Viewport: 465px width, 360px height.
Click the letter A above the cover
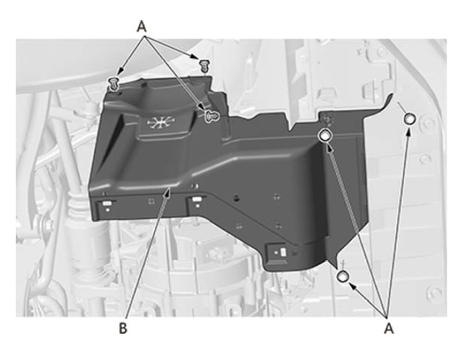(142, 26)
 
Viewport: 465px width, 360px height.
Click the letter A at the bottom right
(389, 328)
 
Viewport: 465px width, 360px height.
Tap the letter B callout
(123, 328)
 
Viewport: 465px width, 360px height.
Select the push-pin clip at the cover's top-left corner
(113, 84)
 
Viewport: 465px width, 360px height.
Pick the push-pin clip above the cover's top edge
(204, 65)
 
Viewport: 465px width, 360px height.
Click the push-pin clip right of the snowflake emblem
(213, 116)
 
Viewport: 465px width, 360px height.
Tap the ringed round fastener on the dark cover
(325, 136)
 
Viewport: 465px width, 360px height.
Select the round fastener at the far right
(409, 119)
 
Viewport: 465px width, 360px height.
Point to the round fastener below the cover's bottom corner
(343, 277)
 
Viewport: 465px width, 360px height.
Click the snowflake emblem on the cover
(161, 122)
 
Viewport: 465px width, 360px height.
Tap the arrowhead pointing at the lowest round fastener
(353, 286)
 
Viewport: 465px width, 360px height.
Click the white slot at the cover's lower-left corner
(107, 204)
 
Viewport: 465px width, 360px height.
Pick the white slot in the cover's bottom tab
(283, 253)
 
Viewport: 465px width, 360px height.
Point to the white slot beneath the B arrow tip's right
(196, 199)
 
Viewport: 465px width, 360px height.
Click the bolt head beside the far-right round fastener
(427, 123)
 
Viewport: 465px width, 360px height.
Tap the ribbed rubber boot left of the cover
(78, 208)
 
